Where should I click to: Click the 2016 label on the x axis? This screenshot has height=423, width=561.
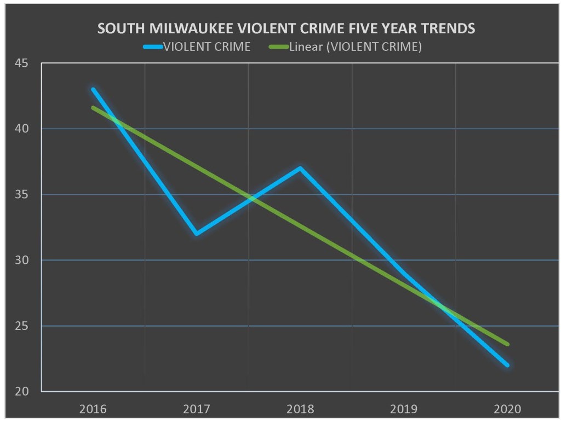[93, 408]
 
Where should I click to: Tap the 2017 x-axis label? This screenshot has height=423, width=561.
[196, 408]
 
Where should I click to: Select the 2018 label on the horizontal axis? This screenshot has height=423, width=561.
[300, 408]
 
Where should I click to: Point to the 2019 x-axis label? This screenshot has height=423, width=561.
[404, 408]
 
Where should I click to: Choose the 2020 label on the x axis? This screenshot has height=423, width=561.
[507, 408]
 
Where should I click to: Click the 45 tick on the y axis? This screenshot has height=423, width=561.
[22, 63]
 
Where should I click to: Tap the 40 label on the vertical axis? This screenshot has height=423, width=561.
[22, 129]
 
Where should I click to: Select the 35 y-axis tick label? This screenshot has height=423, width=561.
[22, 195]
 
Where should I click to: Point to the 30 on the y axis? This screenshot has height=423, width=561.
[22, 260]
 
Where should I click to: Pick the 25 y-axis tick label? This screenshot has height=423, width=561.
[22, 326]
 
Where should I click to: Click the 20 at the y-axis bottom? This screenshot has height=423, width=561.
[22, 392]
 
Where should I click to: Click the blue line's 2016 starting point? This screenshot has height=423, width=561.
[93, 89]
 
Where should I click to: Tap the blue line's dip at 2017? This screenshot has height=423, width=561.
[196, 234]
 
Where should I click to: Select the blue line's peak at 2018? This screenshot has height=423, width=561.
[300, 168]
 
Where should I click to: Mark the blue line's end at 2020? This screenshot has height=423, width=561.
[507, 365]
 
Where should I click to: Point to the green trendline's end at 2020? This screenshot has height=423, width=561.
[507, 344]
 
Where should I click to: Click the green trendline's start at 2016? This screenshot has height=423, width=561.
[93, 107]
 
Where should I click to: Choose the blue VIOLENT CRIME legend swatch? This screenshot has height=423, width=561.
[153, 47]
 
